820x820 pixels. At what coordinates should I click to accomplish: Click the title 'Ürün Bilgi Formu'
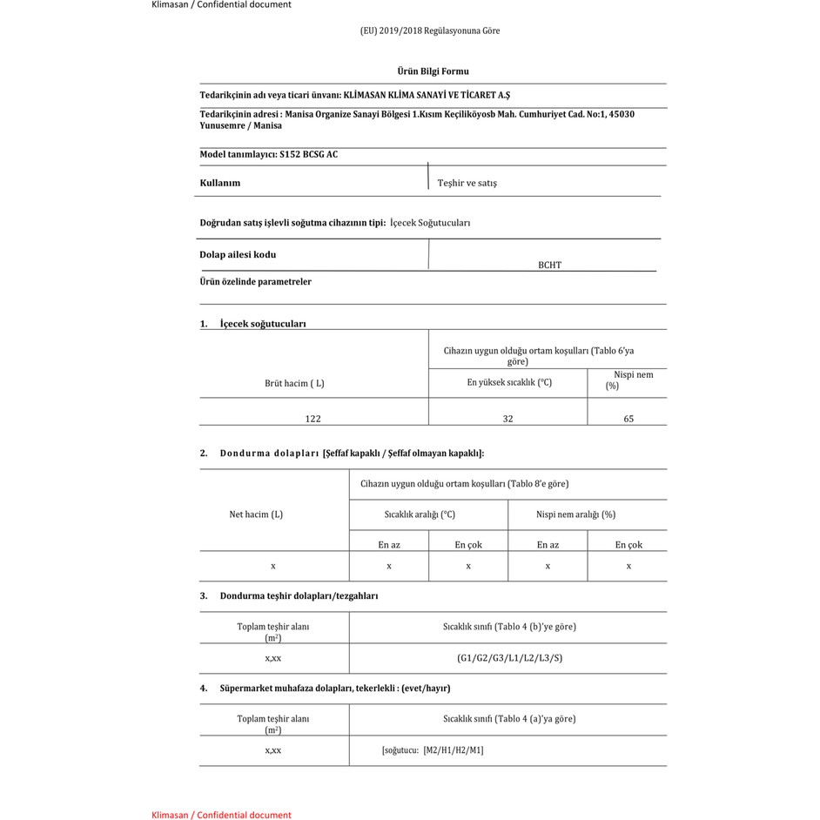[x=433, y=71]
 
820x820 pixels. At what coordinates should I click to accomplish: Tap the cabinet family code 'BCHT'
[x=549, y=265]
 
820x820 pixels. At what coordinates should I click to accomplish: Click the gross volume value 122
[x=313, y=419]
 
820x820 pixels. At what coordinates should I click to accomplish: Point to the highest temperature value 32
[x=507, y=419]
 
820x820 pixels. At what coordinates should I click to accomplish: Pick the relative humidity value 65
[x=628, y=419]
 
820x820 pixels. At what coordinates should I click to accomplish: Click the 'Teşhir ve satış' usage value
[x=467, y=184]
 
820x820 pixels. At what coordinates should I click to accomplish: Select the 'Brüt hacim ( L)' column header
[x=294, y=383]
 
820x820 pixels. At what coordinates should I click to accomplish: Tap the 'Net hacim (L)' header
[x=256, y=514]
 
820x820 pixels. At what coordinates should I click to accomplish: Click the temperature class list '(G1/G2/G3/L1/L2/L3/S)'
[x=509, y=658]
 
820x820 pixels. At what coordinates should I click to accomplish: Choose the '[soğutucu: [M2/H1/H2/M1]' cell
[x=433, y=750]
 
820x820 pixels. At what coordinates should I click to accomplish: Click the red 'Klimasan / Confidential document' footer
[x=221, y=815]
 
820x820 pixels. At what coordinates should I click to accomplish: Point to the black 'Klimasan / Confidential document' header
[x=221, y=4]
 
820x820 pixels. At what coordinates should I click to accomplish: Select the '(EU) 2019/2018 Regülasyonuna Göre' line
[x=430, y=30]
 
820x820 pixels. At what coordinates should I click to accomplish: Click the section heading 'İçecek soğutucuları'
[x=263, y=324]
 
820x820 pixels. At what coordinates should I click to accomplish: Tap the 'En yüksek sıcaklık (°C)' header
[x=509, y=382]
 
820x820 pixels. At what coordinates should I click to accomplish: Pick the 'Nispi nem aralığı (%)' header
[x=575, y=514]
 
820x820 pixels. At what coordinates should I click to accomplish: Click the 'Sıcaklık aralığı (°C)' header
[x=420, y=514]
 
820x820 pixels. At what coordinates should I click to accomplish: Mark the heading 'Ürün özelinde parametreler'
[x=255, y=282]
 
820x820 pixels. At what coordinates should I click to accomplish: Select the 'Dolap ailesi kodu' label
[x=238, y=255]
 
